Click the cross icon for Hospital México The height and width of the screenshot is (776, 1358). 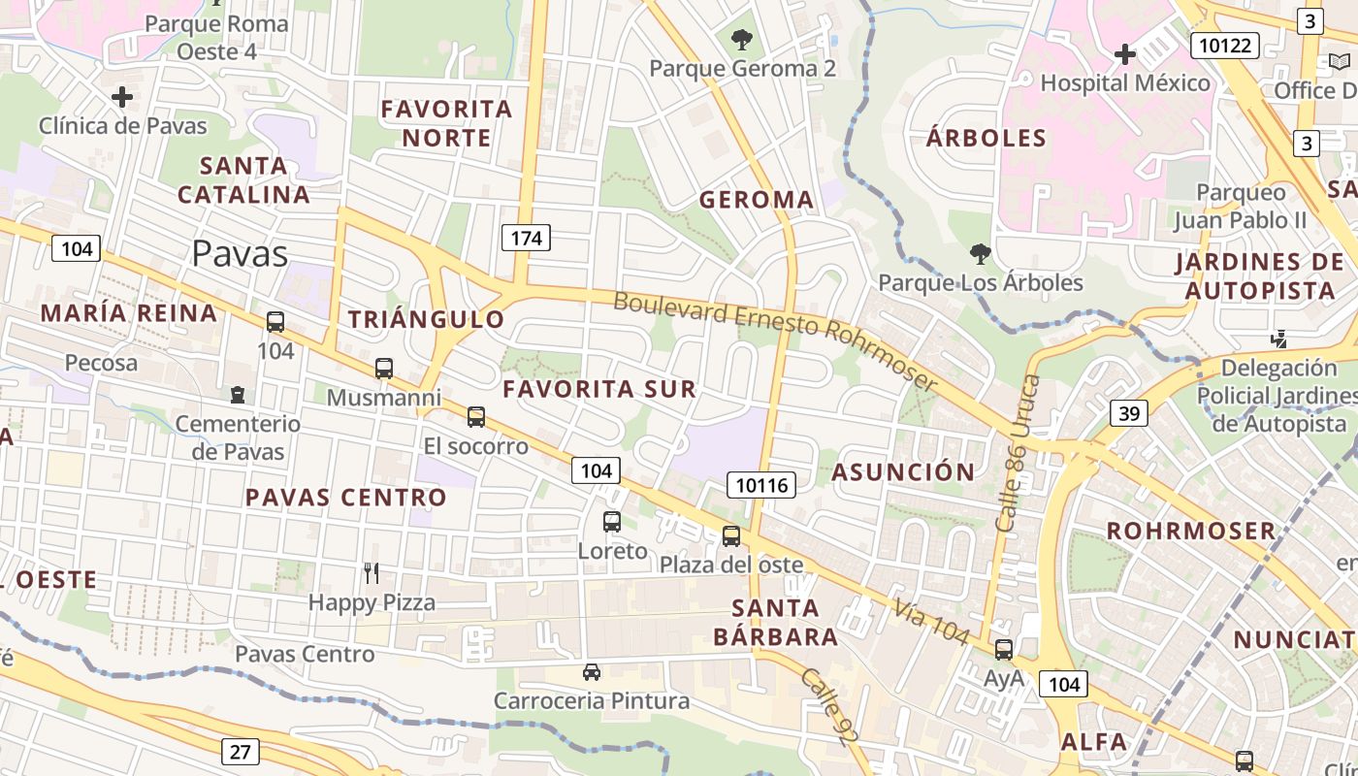point(1125,54)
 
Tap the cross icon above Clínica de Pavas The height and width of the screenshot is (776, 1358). point(122,97)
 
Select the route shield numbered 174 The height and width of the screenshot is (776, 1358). point(526,238)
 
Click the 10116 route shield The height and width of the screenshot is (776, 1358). point(760,484)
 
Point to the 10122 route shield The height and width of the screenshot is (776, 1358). point(1225,45)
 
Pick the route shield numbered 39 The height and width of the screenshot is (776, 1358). point(1129,414)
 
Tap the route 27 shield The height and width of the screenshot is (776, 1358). point(240,751)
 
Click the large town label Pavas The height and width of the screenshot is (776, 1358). point(240,253)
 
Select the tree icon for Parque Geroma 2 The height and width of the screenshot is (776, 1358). point(742,40)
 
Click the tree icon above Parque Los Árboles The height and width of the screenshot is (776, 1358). point(980,254)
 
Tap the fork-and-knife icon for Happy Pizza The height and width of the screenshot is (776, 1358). point(372,573)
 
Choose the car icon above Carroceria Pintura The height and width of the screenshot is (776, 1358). point(591,671)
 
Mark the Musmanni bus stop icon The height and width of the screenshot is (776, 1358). point(384,369)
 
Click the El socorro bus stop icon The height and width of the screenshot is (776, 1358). point(476,417)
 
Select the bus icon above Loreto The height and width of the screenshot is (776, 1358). point(612,522)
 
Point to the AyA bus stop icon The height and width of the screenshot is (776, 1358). point(1004,650)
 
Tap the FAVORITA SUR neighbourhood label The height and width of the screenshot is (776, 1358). point(599,390)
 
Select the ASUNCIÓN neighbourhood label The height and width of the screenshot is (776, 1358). point(903,472)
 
